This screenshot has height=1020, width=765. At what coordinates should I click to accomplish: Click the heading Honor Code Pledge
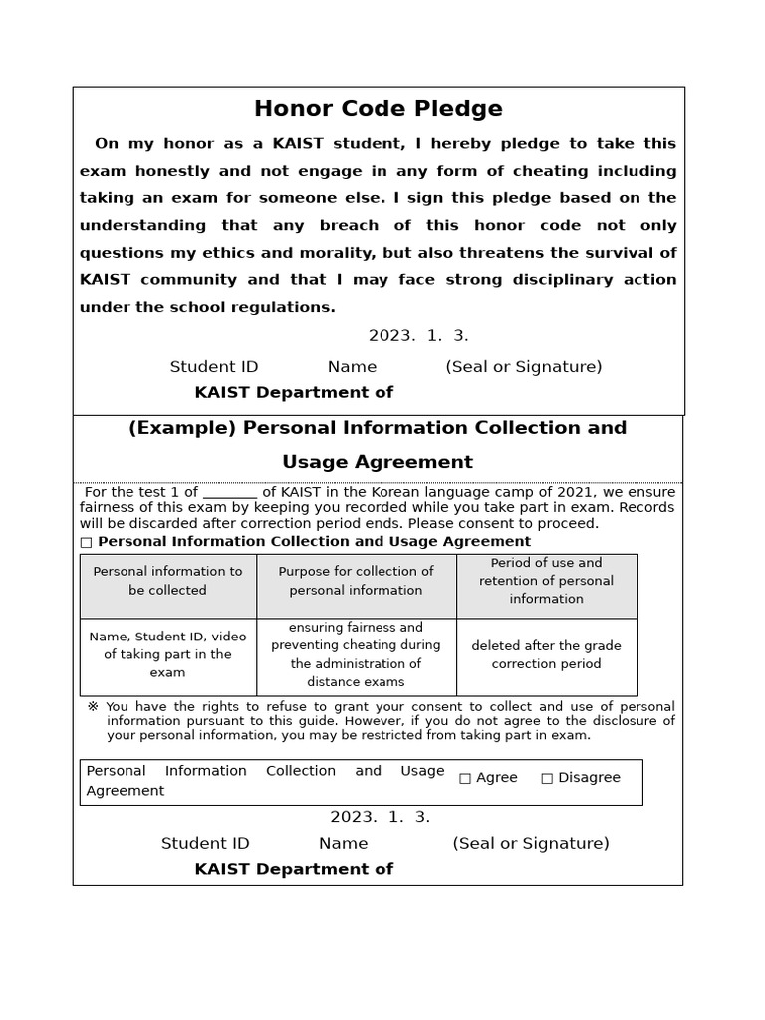pyautogui.click(x=378, y=109)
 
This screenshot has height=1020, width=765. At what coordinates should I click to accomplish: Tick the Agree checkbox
pyautogui.click(x=465, y=778)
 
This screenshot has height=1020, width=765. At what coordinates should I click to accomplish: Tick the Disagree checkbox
pyautogui.click(x=547, y=778)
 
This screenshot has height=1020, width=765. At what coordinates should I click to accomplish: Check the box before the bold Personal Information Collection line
pyautogui.click(x=86, y=542)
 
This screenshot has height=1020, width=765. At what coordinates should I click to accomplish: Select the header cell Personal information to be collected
pyautogui.click(x=167, y=581)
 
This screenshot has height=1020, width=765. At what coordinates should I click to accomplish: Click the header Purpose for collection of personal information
pyautogui.click(x=356, y=581)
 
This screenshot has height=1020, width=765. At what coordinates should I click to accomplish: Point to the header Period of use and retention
pyautogui.click(x=546, y=581)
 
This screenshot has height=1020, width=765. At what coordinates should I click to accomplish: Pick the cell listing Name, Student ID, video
pyautogui.click(x=167, y=654)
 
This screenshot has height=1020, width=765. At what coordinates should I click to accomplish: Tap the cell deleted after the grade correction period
pyautogui.click(x=546, y=654)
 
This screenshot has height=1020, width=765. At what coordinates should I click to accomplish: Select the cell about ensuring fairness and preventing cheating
pyautogui.click(x=356, y=654)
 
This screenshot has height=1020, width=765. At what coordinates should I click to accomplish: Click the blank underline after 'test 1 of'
pyautogui.click(x=230, y=492)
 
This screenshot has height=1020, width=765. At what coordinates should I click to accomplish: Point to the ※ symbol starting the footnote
pyautogui.click(x=93, y=707)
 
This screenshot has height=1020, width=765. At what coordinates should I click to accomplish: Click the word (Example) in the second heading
pyautogui.click(x=182, y=428)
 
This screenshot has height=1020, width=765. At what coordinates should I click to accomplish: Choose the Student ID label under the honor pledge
pyautogui.click(x=214, y=367)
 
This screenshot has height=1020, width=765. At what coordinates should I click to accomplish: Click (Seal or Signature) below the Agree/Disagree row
pyautogui.click(x=530, y=844)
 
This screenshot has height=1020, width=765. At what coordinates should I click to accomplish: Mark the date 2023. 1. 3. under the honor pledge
pyautogui.click(x=418, y=336)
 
